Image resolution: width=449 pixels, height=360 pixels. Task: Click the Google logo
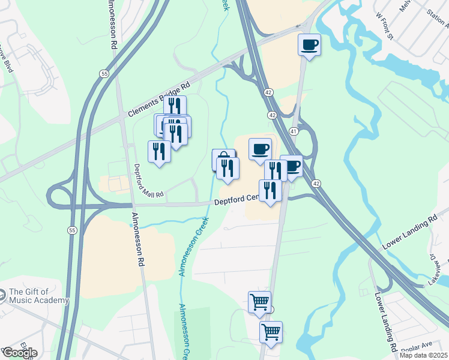20,353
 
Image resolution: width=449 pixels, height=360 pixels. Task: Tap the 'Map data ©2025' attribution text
424,355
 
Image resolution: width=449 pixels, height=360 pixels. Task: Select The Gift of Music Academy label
39,296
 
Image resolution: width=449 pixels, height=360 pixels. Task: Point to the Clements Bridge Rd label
160,99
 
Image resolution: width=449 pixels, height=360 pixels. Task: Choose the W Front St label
383,26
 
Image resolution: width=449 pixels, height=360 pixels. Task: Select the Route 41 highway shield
294,131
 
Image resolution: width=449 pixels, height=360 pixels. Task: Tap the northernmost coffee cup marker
309,45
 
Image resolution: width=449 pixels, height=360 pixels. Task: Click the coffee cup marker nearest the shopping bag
260,149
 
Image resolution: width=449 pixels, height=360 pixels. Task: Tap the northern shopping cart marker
259,302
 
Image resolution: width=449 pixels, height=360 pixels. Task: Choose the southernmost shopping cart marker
271,332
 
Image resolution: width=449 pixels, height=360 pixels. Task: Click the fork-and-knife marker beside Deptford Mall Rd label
159,152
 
